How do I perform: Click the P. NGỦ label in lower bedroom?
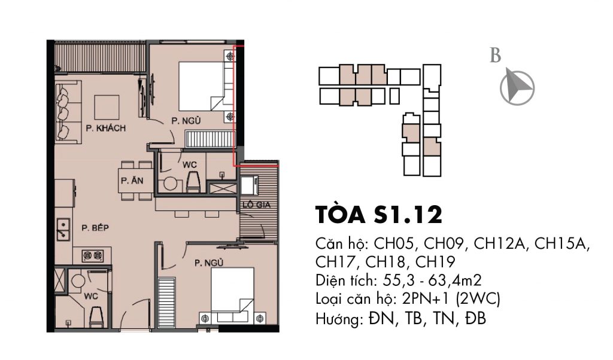tap(208, 261)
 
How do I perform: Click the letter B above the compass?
tap(495, 56)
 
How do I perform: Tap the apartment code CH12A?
tap(500, 245)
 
